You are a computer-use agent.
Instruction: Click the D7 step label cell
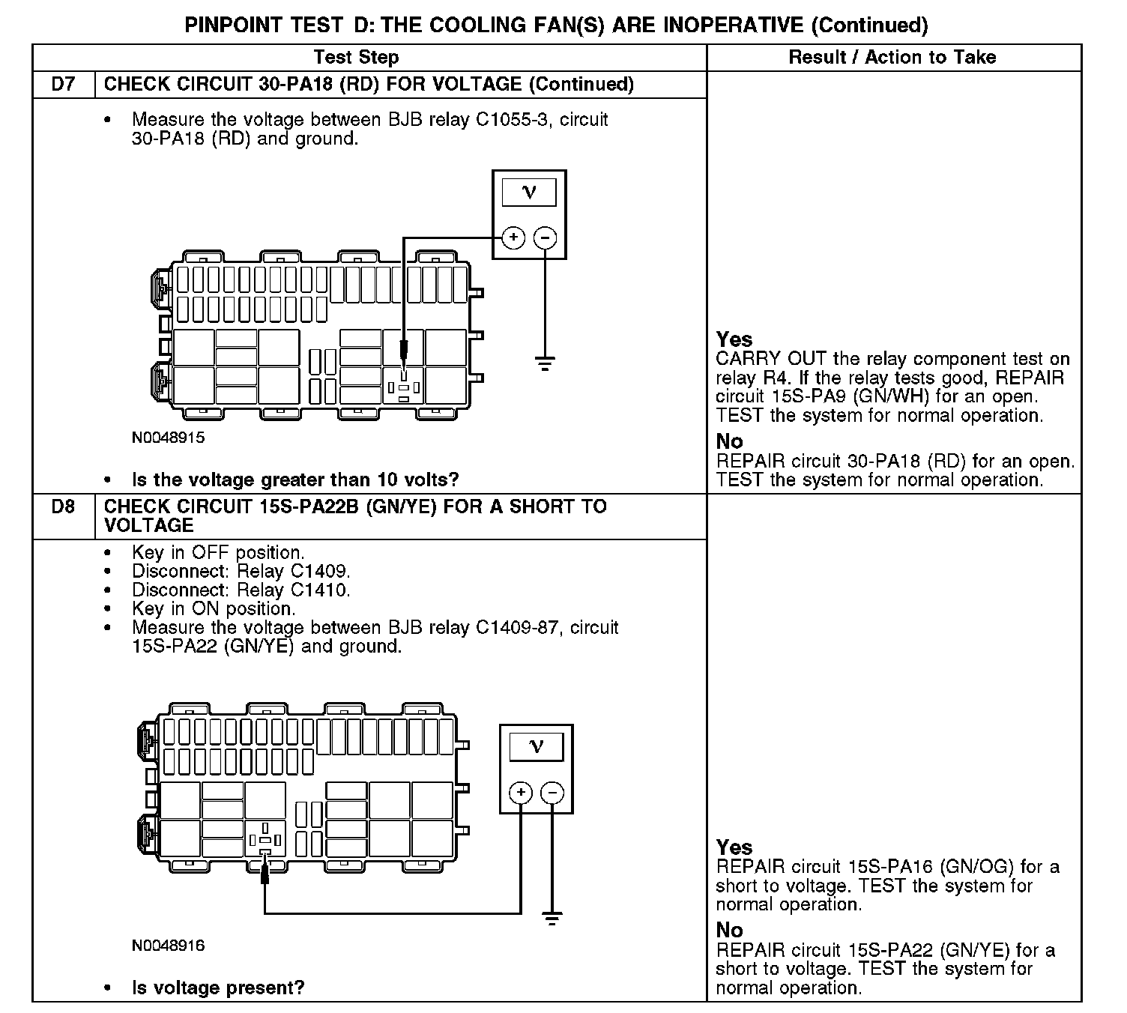(x=64, y=84)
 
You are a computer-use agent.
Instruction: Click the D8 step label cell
(x=64, y=507)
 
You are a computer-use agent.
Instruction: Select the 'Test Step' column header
(x=356, y=58)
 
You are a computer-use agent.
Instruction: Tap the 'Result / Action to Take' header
(x=892, y=58)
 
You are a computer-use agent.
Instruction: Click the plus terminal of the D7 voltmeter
(x=513, y=238)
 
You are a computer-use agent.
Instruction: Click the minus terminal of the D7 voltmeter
(x=545, y=238)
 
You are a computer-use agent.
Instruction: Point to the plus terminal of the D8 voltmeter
(x=521, y=793)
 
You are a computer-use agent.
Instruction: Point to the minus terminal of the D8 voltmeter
(x=552, y=793)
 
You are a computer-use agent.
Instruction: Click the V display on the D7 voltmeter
(x=529, y=192)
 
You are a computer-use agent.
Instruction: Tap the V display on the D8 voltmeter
(x=537, y=746)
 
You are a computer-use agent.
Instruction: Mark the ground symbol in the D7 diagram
(x=545, y=364)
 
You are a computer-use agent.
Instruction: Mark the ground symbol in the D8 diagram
(x=552, y=919)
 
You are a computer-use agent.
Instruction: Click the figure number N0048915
(x=168, y=438)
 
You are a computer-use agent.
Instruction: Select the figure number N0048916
(x=168, y=946)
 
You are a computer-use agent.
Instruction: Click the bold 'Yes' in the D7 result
(x=734, y=339)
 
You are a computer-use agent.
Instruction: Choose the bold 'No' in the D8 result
(x=729, y=930)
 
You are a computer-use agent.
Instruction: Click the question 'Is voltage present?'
(x=218, y=988)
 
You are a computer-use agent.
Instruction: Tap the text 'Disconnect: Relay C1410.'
(x=241, y=590)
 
